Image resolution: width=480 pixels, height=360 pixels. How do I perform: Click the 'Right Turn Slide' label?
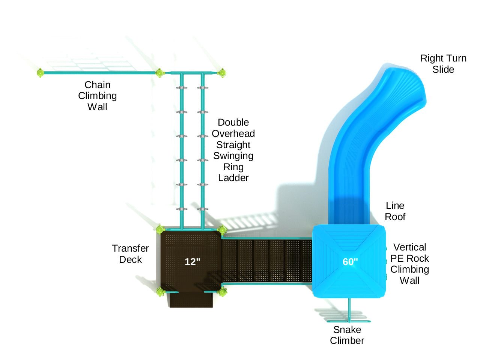(443, 64)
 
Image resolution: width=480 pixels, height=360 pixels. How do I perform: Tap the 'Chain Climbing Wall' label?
(97, 96)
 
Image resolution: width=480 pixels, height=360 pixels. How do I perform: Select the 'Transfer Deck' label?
(130, 254)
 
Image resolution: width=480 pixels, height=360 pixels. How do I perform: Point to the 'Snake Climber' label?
(347, 335)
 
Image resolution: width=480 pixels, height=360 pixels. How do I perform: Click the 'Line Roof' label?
(395, 211)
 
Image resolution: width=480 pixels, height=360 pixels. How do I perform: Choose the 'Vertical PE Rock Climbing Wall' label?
(409, 264)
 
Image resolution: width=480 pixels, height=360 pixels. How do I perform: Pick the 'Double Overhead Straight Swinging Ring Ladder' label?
(233, 150)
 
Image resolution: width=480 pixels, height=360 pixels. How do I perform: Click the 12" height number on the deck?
(193, 262)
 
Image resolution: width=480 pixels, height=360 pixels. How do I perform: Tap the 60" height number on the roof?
(350, 262)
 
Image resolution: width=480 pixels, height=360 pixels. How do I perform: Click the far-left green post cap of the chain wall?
(40, 73)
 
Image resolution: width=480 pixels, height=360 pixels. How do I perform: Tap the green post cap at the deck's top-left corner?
(160, 229)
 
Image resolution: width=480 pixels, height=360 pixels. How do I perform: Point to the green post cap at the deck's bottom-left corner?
(161, 292)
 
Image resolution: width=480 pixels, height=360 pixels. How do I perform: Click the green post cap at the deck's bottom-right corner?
(223, 292)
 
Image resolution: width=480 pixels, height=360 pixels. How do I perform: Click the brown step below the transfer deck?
(191, 300)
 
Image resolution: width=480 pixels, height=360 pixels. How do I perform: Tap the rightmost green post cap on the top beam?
(222, 73)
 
